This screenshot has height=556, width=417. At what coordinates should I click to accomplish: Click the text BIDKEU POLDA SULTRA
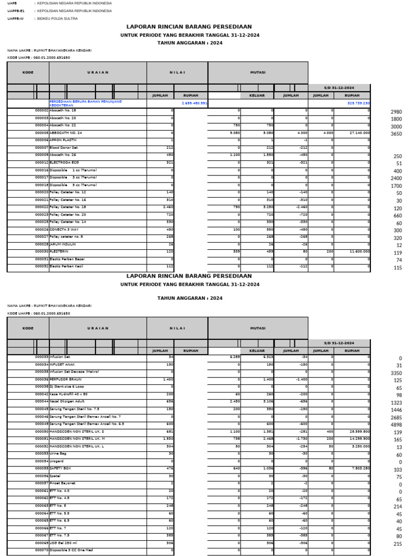58,18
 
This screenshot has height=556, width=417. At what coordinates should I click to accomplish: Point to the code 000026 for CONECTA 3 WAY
42,229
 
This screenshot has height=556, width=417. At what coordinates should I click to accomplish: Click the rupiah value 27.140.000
359,132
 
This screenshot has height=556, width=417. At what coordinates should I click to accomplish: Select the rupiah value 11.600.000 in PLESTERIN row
359,251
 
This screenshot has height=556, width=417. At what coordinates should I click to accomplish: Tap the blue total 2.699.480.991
194,102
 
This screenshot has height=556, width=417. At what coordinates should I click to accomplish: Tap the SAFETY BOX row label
61,468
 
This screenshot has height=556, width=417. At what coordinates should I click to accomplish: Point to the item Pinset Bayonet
62,483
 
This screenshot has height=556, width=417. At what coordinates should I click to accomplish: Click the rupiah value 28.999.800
359,431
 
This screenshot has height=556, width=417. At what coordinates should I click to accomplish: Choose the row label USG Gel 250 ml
64,543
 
